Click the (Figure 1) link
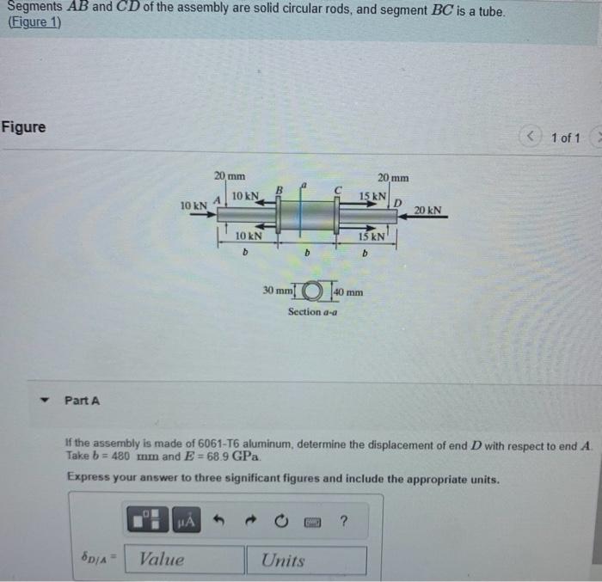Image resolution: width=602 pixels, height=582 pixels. point(34,23)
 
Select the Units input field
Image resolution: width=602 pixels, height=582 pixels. point(313,560)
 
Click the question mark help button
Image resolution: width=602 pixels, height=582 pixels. point(344,518)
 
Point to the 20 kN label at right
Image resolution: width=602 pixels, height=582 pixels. point(427,209)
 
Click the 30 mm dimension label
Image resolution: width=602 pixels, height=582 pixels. point(277,291)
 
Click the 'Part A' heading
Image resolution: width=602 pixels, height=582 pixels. point(83,401)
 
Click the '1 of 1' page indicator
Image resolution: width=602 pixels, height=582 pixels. point(566,138)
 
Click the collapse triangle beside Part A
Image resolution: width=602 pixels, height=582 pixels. point(40,401)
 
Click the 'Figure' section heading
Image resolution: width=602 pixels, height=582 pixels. point(24,127)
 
